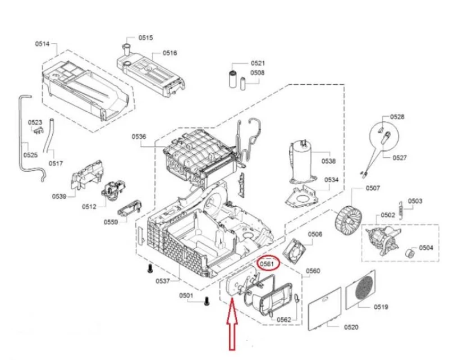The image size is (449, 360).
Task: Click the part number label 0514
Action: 42,44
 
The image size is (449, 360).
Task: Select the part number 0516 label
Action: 170,53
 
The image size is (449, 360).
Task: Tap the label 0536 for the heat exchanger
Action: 139,136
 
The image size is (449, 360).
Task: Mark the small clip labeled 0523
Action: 38,130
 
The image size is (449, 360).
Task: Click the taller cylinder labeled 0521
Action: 232,79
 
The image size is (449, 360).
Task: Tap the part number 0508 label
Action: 258,72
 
